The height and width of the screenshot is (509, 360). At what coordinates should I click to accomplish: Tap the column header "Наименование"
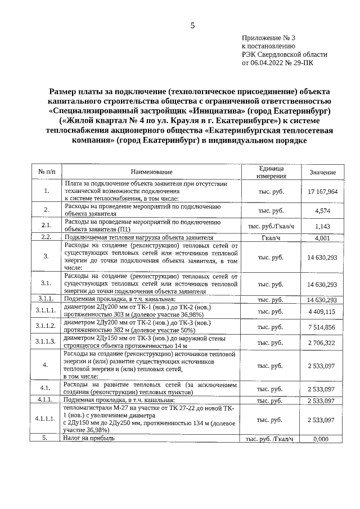(x=151, y=172)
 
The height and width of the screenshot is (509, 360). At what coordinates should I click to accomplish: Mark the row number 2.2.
(x=46, y=237)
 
